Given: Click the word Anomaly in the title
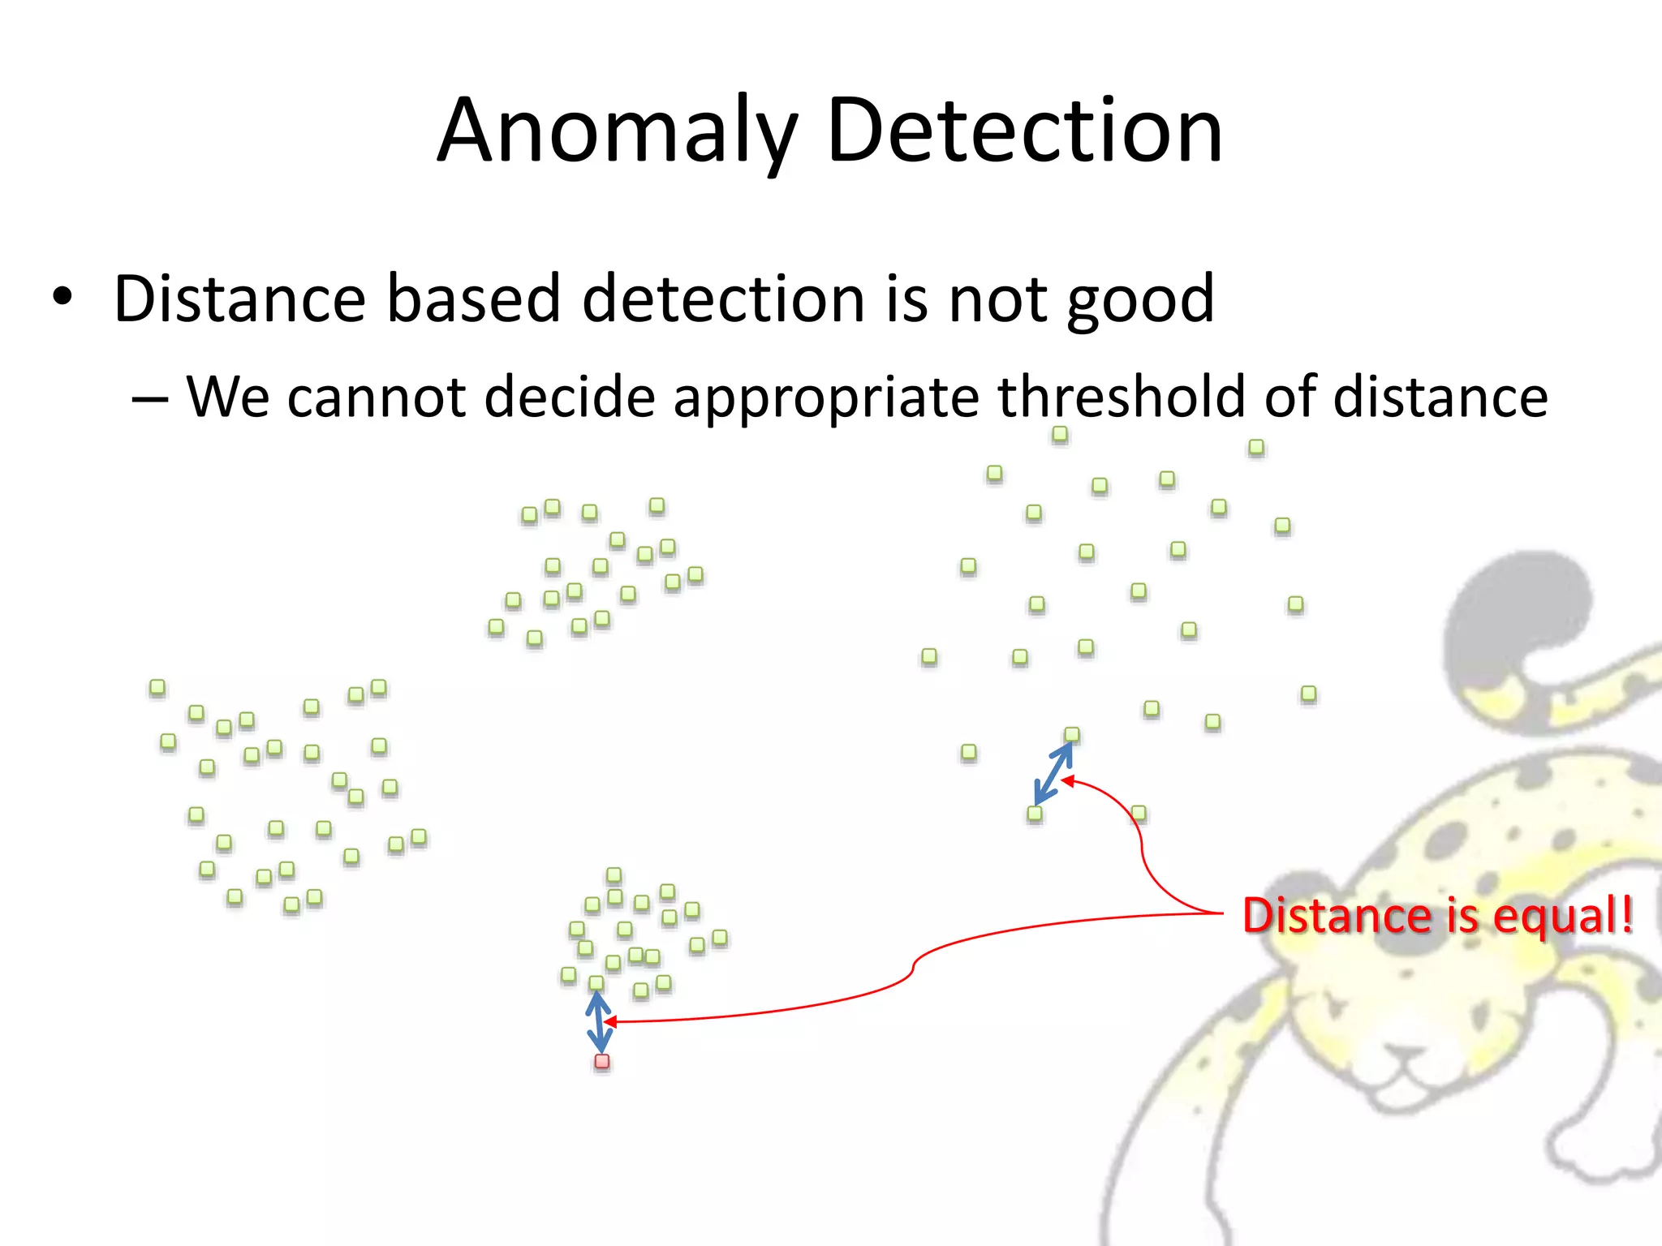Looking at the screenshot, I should [617, 131].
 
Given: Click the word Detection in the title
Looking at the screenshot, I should [1024, 131].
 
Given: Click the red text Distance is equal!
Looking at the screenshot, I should [1437, 916].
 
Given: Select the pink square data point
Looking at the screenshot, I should [602, 1062].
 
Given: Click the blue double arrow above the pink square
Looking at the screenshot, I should [599, 1022].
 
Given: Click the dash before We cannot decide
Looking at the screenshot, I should [150, 398].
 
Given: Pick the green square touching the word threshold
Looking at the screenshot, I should [1060, 435].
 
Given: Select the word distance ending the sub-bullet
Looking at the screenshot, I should [1440, 397].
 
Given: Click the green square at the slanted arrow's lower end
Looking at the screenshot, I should [1035, 814].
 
